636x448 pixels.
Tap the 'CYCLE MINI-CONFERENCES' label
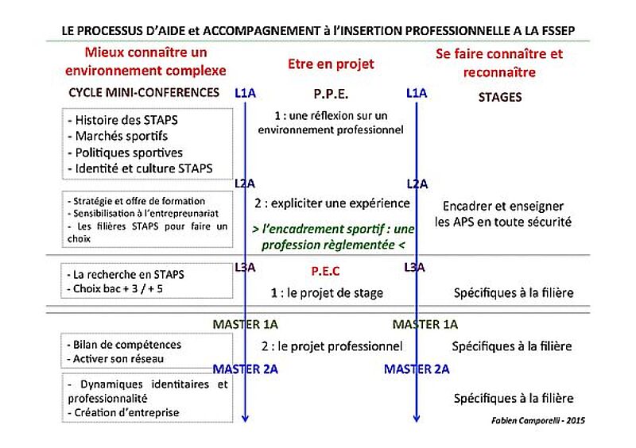(144, 93)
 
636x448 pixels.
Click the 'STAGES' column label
(500, 98)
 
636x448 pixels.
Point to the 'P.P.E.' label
(332, 94)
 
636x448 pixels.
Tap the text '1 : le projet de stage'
(328, 293)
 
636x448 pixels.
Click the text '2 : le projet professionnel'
(332, 346)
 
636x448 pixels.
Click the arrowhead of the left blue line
(246, 418)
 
